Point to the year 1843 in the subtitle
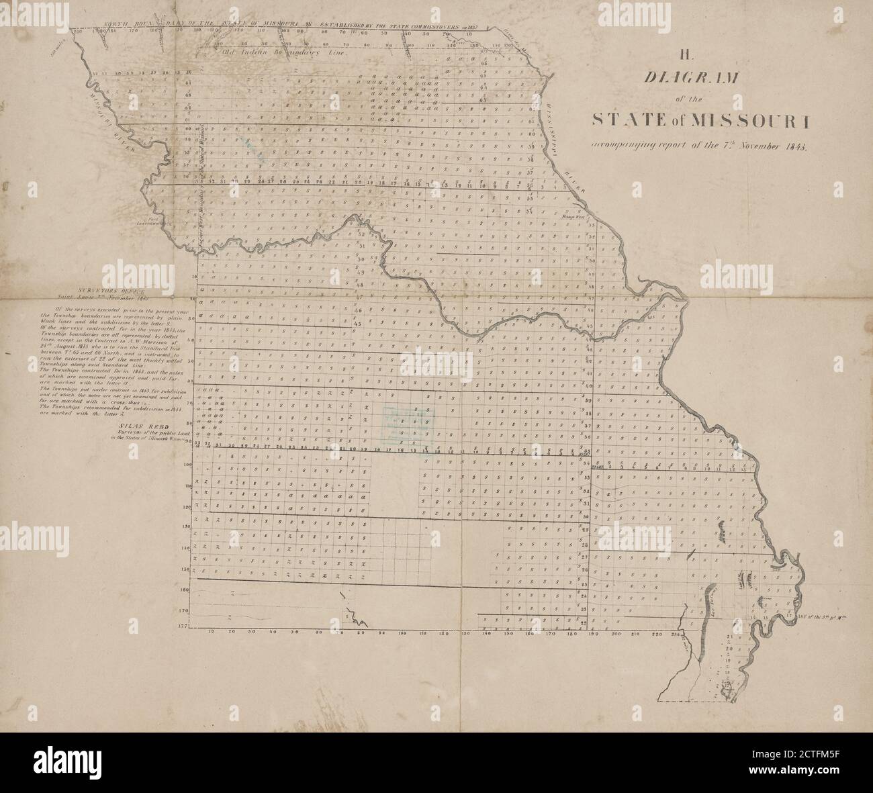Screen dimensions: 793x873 click(x=796, y=146)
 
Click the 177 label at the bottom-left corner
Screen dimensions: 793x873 click(x=184, y=624)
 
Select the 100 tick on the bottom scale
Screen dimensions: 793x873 click(x=402, y=633)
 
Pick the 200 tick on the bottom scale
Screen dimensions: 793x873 click(x=616, y=633)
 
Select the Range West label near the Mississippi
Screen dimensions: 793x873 click(x=575, y=217)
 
